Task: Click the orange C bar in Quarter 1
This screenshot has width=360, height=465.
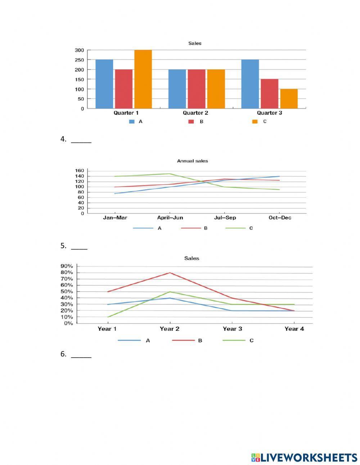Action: tap(143, 79)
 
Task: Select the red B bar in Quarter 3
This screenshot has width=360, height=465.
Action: tap(269, 94)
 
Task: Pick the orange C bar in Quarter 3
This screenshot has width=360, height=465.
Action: tap(289, 99)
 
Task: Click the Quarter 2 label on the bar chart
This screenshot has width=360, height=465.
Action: tap(195, 113)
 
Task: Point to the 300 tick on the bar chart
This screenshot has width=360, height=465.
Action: tap(79, 50)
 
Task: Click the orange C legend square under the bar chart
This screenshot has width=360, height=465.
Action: tap(255, 122)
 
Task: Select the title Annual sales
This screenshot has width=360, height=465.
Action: tap(192, 161)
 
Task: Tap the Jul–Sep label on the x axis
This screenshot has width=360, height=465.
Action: tap(225, 218)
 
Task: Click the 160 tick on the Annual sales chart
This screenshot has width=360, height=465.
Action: tap(80, 171)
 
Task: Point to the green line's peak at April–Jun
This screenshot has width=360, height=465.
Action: tap(170, 174)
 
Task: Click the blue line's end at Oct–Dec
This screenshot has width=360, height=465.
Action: tap(279, 176)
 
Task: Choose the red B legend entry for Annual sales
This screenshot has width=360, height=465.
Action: tap(194, 228)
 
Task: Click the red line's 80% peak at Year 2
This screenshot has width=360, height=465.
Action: tap(170, 273)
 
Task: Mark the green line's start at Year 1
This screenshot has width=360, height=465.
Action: tap(108, 317)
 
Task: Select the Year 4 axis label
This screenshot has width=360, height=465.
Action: tap(294, 329)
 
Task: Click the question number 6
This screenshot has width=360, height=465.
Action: tap(63, 354)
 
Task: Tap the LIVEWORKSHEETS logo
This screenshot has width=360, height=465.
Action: tap(304, 457)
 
